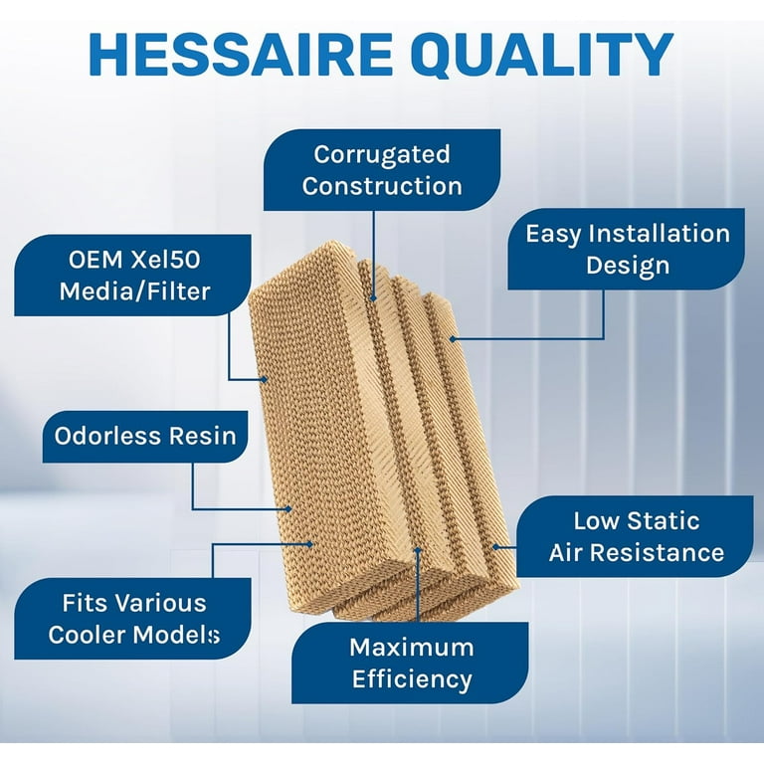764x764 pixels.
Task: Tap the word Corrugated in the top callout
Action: (x=382, y=154)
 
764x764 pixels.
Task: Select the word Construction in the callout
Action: (x=382, y=186)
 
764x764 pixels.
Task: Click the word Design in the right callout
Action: (x=627, y=266)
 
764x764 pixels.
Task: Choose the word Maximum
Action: (x=411, y=648)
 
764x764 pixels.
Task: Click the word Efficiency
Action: (x=411, y=680)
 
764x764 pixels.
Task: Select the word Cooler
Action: (x=95, y=635)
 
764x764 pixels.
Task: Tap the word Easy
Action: (x=557, y=234)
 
